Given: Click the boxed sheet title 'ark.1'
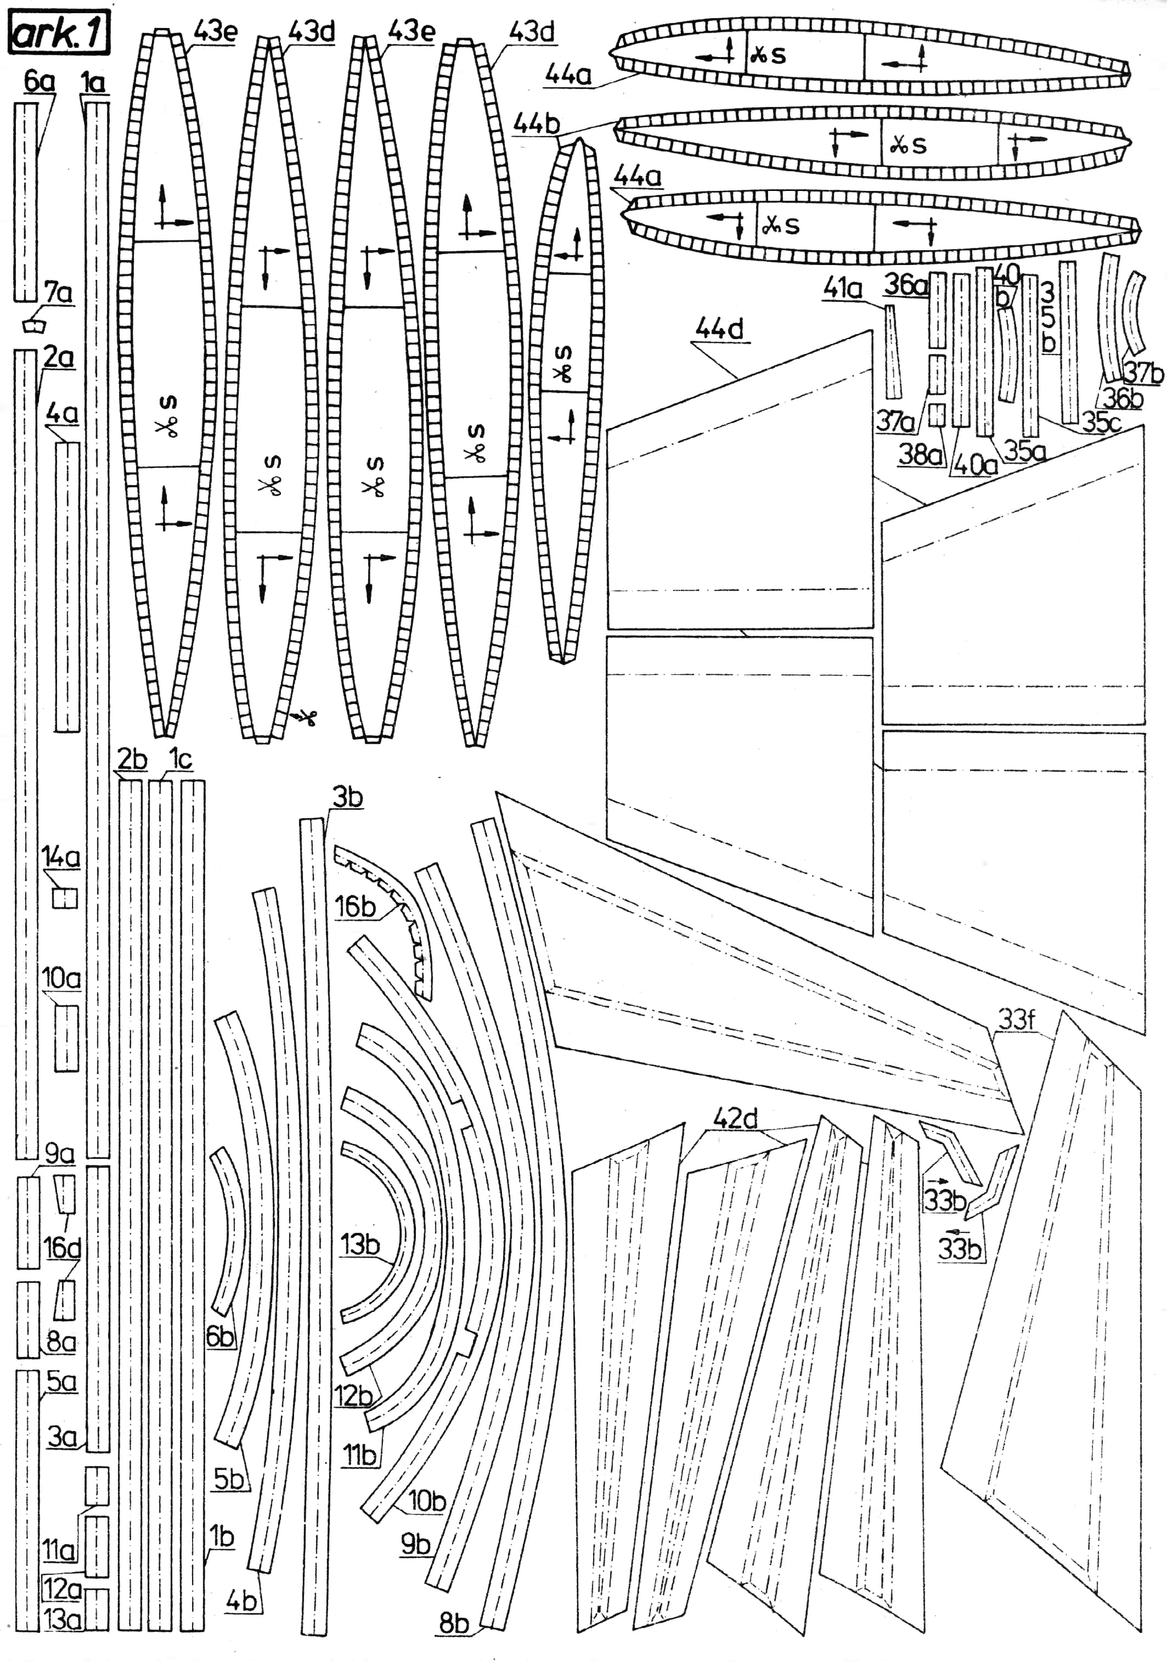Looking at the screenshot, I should coord(58,34).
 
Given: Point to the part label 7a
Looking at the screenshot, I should coord(58,293).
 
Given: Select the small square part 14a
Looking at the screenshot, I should coord(64,898).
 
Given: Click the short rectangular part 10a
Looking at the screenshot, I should coord(67,1037).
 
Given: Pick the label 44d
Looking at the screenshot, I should coord(719,329).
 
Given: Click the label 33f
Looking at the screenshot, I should coord(1017,1020).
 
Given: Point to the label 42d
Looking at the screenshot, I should coord(735,1119).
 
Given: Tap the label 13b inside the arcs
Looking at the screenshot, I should coord(360,1245).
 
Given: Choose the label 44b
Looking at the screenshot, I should coord(536,124).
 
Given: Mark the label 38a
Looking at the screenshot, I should coord(920,455).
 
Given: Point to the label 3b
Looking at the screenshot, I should coord(347,797).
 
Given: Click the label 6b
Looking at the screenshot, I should coord(221,1336).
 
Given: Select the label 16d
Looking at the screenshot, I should coord(62,1248).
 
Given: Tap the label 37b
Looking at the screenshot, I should coord(1143,373).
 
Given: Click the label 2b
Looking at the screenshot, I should coord(132,759).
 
